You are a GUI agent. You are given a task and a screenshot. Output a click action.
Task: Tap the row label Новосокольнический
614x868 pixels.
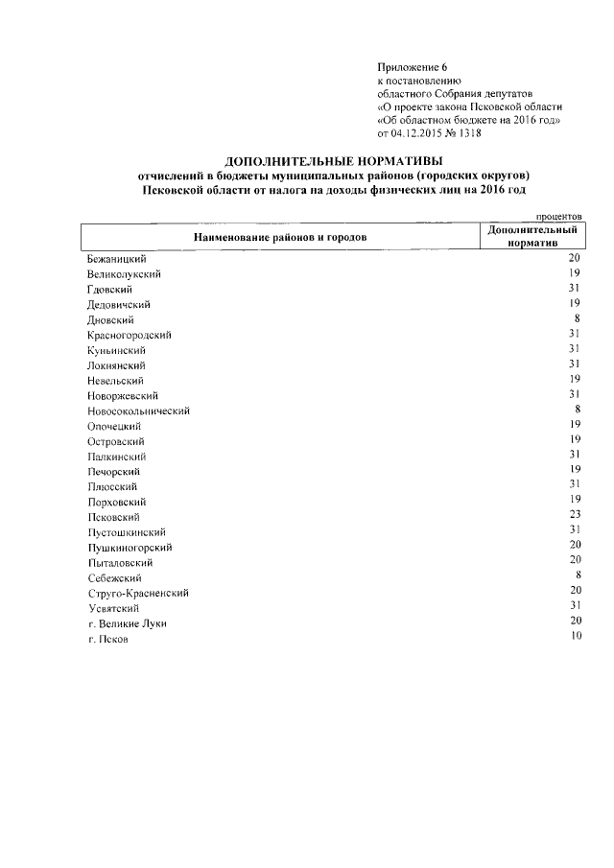pos(138,411)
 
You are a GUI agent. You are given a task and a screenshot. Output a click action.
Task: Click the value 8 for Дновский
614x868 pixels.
pos(579,317)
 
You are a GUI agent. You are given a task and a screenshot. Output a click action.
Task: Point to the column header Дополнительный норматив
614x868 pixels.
pos(531,237)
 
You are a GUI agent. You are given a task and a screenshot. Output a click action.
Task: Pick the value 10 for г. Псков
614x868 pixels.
pos(576,636)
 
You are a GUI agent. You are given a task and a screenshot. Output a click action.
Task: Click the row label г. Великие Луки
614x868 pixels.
pos(126,623)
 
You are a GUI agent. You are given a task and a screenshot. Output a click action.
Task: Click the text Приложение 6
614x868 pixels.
pos(413,68)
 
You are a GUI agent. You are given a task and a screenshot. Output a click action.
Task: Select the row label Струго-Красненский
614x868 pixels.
pos(137,593)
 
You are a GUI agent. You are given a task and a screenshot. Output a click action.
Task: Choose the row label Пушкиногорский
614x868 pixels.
pos(130,547)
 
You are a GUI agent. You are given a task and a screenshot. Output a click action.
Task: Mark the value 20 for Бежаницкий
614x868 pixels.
pos(576,258)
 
